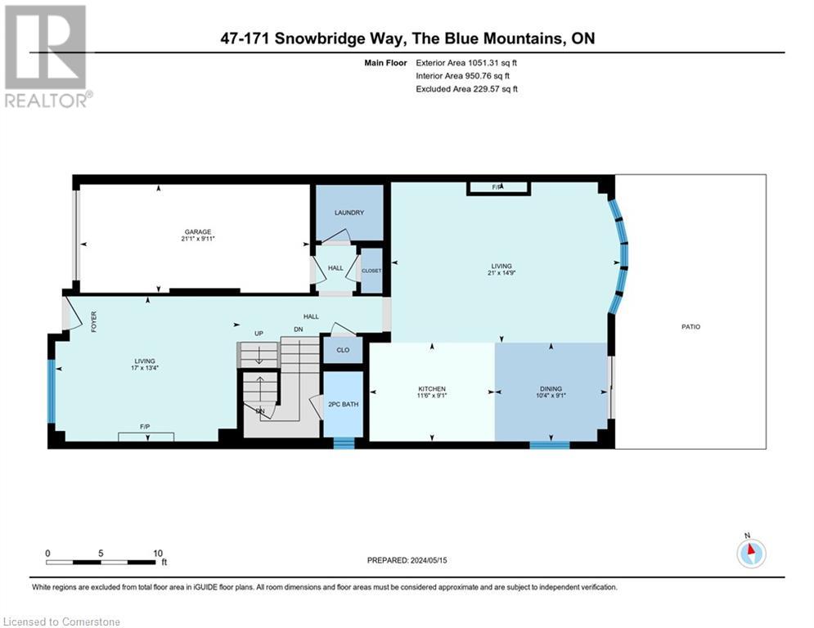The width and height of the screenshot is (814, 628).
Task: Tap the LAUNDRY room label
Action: click(x=349, y=213)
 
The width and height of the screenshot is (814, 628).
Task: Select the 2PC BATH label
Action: click(x=344, y=404)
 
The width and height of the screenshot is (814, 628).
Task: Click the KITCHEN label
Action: click(x=432, y=388)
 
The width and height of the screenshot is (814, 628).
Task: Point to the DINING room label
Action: click(x=551, y=388)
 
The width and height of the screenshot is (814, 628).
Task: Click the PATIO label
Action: click(x=690, y=326)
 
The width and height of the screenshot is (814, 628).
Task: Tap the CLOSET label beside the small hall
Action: click(x=371, y=270)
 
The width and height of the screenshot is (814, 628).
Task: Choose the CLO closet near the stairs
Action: click(x=343, y=350)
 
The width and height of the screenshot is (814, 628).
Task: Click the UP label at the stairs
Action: click(x=259, y=334)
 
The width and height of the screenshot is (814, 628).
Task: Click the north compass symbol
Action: click(x=749, y=553)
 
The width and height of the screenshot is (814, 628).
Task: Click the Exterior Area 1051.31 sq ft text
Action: click(x=466, y=62)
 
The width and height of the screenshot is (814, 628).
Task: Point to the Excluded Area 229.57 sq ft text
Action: click(x=466, y=88)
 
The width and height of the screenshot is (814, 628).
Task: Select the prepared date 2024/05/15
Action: click(x=407, y=560)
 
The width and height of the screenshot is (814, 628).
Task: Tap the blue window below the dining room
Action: click(x=549, y=446)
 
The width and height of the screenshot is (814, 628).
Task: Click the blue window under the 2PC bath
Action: click(x=344, y=444)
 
